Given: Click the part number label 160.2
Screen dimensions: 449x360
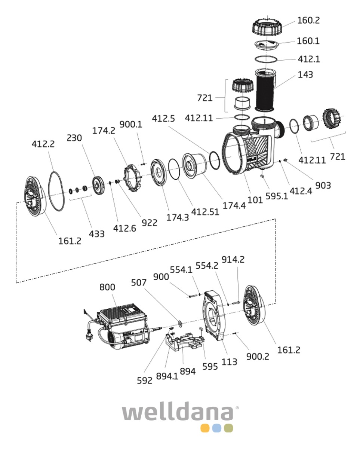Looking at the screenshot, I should point(308,20).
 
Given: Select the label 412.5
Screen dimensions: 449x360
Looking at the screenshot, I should point(163,119).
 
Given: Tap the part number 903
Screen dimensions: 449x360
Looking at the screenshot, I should point(323,185).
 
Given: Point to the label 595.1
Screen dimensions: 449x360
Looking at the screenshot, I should point(277,195).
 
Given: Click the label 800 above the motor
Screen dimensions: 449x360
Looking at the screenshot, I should point(107,287).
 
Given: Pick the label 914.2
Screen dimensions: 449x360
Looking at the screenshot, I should point(233,259).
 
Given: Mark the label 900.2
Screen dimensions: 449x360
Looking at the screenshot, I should point(258,357).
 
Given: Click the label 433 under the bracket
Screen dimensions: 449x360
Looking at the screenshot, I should point(96,234).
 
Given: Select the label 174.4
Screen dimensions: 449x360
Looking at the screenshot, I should point(234,205).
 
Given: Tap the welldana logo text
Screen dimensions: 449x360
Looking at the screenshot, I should point(179,413).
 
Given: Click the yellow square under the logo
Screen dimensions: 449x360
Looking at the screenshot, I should point(204,428).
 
